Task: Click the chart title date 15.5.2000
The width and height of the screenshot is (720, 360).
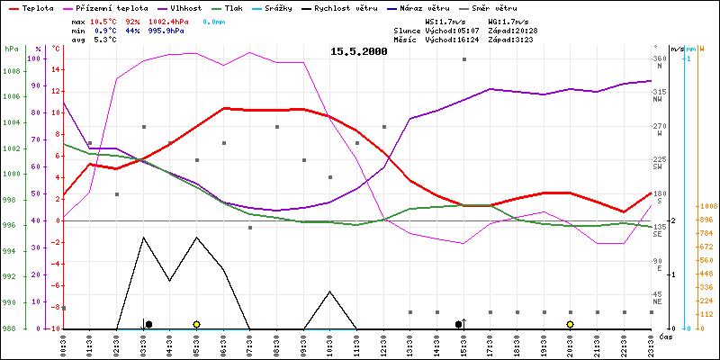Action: tap(358, 52)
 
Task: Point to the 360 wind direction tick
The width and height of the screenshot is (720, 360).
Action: tap(661, 59)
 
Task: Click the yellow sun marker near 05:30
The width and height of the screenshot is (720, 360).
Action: tap(196, 324)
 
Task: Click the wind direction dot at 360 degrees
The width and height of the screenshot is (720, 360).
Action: tap(464, 59)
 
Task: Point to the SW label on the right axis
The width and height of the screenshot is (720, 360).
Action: tap(658, 166)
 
